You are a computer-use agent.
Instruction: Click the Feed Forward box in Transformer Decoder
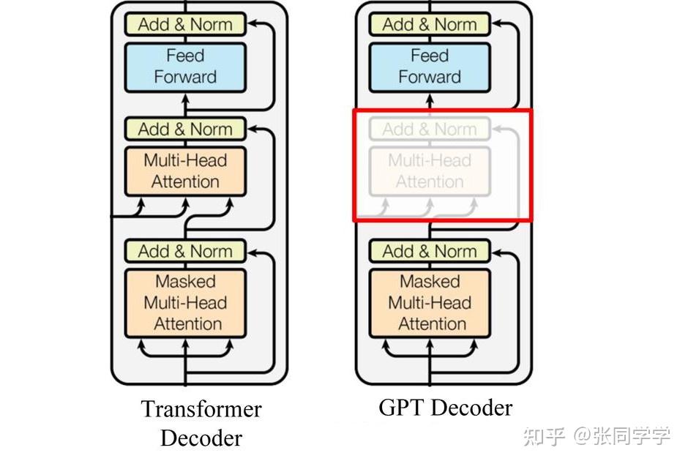click(185, 67)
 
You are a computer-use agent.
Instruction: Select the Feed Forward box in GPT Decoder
click(429, 67)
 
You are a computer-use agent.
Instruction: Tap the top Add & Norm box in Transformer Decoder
click(185, 24)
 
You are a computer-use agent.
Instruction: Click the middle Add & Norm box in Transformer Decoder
click(185, 130)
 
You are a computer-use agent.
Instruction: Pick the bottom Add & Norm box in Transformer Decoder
click(185, 252)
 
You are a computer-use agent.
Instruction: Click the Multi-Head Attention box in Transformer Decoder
click(185, 171)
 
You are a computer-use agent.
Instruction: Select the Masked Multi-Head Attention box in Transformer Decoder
click(185, 303)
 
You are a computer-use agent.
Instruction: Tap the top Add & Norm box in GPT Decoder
click(429, 24)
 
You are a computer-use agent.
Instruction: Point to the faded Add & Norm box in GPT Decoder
click(429, 130)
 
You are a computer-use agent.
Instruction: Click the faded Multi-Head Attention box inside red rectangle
click(429, 171)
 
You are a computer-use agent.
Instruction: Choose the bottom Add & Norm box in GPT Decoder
click(429, 252)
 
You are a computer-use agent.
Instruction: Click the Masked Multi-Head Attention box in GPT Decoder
click(429, 303)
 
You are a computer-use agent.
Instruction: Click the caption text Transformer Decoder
click(201, 423)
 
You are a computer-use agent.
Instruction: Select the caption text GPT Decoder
click(445, 408)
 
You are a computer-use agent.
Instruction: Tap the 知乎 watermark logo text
click(541, 436)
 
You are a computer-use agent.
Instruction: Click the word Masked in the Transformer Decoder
click(185, 282)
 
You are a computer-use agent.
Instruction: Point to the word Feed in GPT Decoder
click(429, 56)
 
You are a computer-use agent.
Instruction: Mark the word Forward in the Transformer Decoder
click(185, 78)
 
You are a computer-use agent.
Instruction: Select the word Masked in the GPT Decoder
click(429, 282)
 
